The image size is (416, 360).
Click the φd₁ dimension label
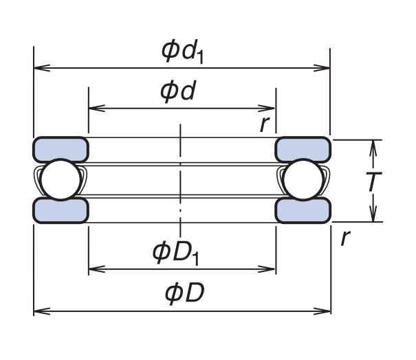182,50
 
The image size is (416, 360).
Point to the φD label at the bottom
184,293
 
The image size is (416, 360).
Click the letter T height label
373,182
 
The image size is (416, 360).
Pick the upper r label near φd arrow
264,124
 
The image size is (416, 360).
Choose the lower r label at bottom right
345,238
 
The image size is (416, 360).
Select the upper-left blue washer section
61,148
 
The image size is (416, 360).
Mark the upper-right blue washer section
303,148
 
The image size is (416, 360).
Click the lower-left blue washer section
61,210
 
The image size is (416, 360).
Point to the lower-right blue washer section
303,210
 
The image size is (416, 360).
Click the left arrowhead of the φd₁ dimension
39,68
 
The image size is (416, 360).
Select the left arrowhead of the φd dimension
94,108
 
